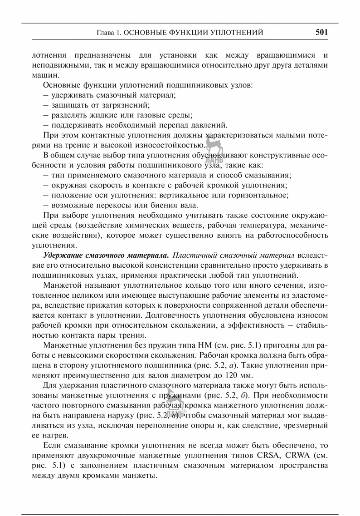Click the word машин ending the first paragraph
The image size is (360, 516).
44,75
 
